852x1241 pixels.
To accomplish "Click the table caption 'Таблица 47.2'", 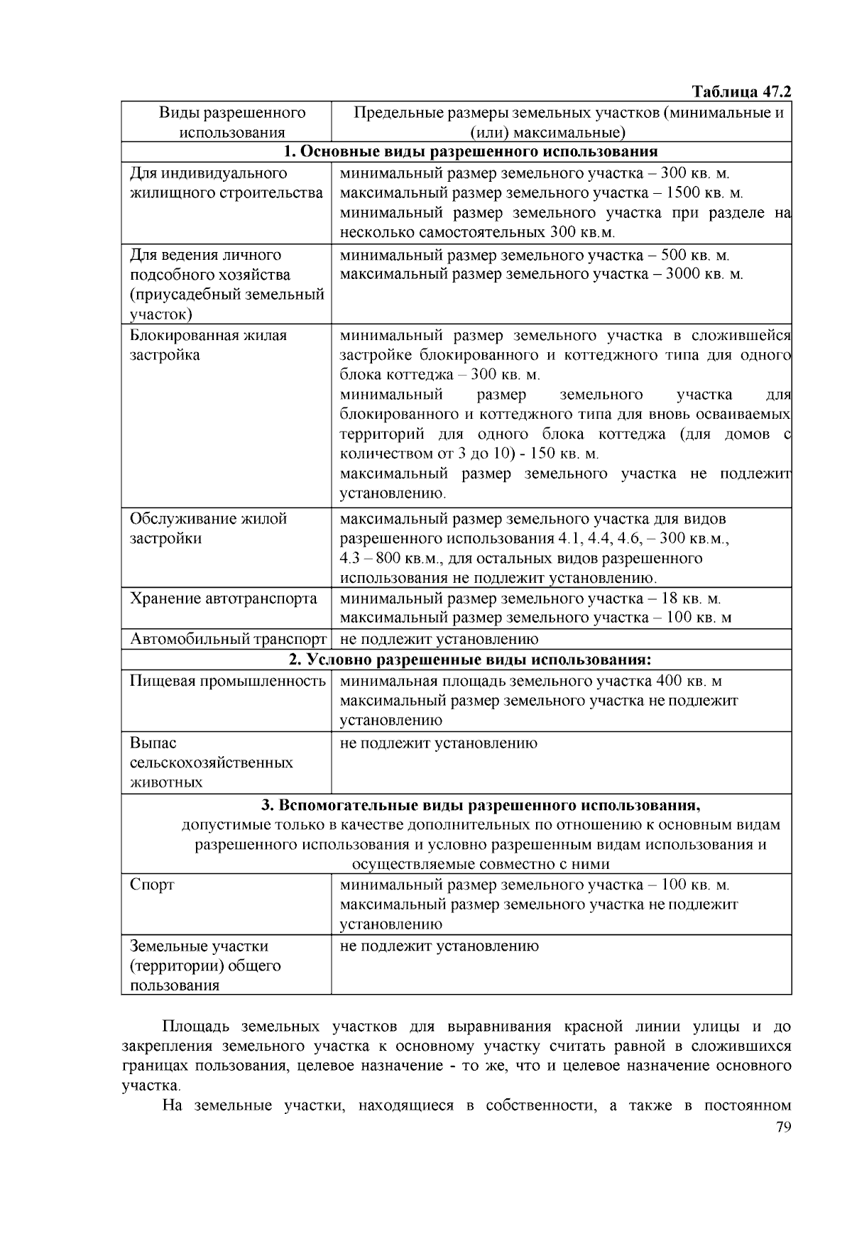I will tap(741, 92).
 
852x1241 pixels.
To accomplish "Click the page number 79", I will tap(783, 1127).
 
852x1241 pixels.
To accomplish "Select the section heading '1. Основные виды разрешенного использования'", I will tap(471, 152).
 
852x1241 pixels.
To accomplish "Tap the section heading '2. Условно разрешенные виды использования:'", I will tap(470, 660).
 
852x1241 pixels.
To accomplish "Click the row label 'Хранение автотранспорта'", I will tap(224, 598).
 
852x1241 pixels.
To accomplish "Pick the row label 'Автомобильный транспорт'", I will tap(228, 640).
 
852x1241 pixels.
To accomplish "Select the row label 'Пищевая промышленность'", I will tap(227, 682).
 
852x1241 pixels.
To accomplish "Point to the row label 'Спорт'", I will tap(152, 885).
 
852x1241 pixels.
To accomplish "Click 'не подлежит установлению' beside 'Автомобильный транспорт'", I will tap(439, 640).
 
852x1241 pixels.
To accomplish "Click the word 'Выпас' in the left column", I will tap(153, 743).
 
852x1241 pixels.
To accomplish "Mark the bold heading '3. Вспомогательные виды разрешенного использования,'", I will tap(481, 806).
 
